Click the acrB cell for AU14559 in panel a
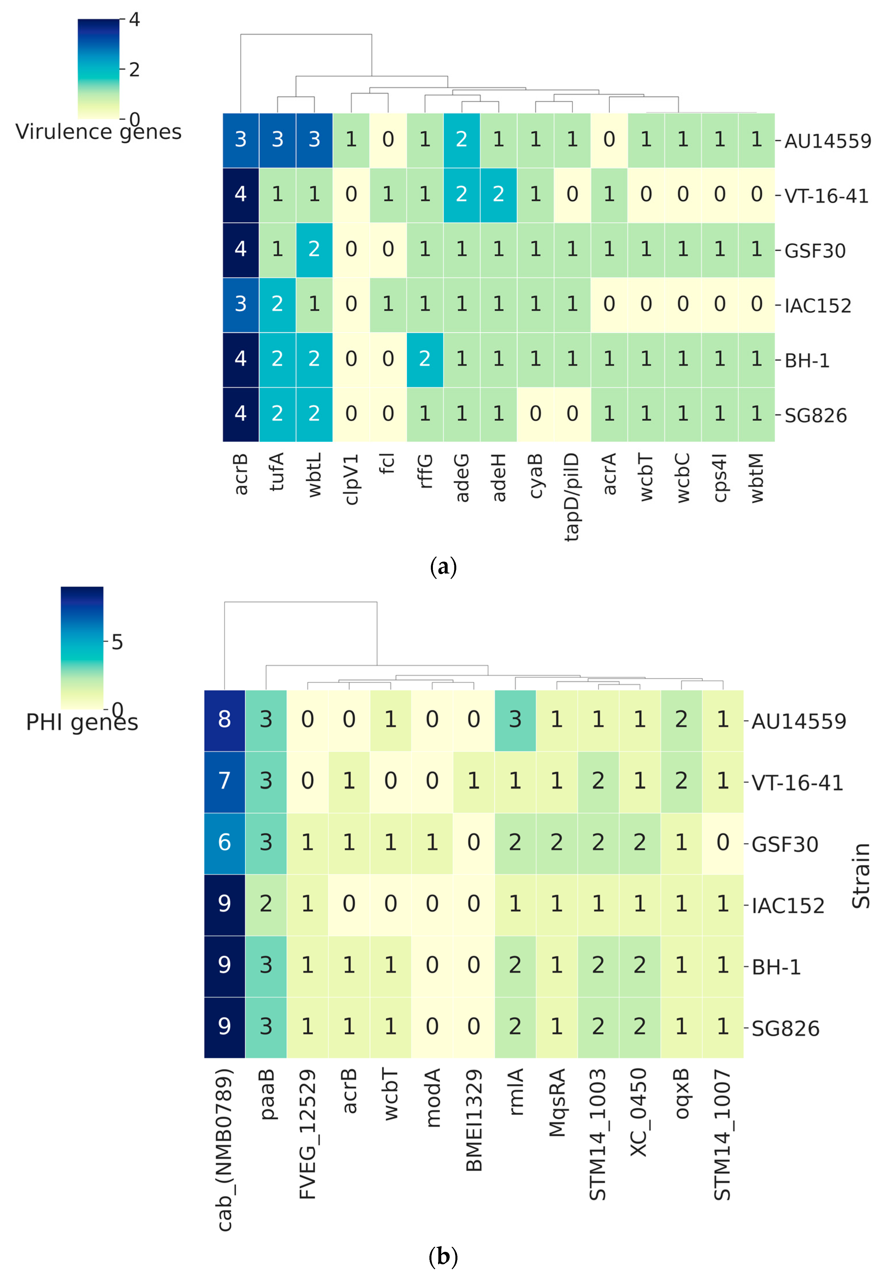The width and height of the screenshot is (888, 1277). click(x=240, y=140)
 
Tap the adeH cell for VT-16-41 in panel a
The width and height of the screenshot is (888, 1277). click(x=498, y=194)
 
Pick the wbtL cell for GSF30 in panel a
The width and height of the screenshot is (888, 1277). click(x=314, y=249)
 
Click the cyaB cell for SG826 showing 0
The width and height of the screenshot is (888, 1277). click(x=535, y=414)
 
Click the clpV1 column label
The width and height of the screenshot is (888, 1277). click(x=351, y=479)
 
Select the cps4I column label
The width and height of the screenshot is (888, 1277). click(x=720, y=477)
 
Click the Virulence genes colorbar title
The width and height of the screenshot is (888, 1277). click(x=98, y=132)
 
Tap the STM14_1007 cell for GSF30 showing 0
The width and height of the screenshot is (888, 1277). click(x=722, y=843)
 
